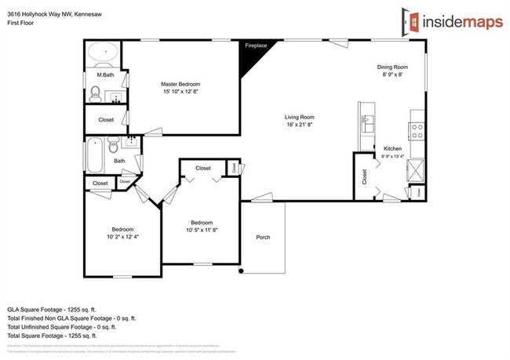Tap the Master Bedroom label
pyautogui.click(x=180, y=84)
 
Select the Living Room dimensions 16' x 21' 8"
pyautogui.click(x=299, y=124)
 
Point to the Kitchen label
pyautogui.click(x=393, y=148)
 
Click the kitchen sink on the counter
pyautogui.click(x=366, y=123)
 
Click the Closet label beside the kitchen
pyautogui.click(x=363, y=177)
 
